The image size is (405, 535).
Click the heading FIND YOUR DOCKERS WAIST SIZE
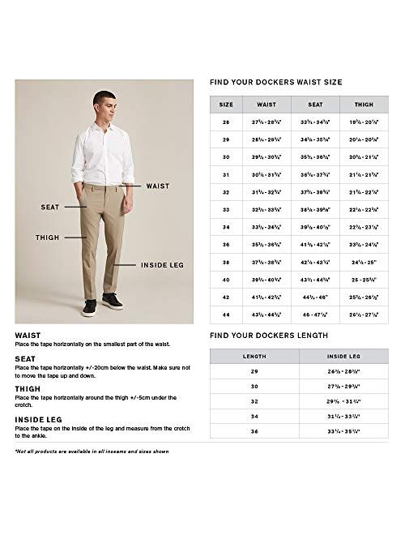tap(275, 83)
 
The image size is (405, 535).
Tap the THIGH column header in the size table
tap(364, 105)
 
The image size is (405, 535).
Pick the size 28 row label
tap(226, 122)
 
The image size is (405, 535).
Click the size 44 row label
tap(226, 315)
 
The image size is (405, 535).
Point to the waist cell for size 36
tap(266, 245)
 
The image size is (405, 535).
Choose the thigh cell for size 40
tap(364, 280)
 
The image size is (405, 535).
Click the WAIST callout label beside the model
tap(157, 186)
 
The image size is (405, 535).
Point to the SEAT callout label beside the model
tap(50, 208)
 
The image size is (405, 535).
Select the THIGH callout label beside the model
tap(47, 238)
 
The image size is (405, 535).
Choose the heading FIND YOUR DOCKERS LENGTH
tap(268, 335)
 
